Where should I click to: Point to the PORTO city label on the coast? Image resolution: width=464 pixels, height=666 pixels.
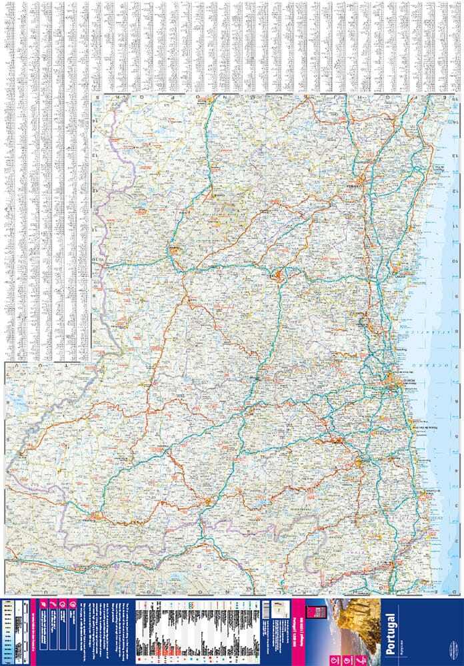393,382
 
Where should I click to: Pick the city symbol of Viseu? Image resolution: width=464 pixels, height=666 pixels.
280,273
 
